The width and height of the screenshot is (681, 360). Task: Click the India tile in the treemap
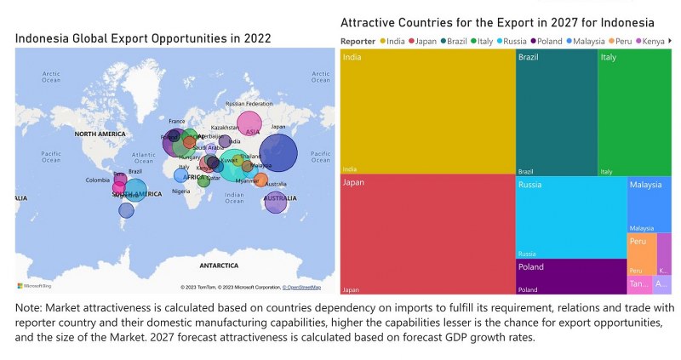pyautogui.click(x=427, y=111)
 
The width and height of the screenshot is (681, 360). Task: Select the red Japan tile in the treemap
pyautogui.click(x=427, y=234)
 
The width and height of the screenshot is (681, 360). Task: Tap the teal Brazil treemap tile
pyautogui.click(x=556, y=111)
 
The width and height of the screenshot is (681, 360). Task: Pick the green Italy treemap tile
pyautogui.click(x=633, y=111)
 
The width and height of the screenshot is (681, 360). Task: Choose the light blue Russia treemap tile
pyautogui.click(x=570, y=217)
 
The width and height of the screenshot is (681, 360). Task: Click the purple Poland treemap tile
pyautogui.click(x=570, y=277)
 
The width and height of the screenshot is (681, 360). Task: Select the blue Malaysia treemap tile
pyautogui.click(x=649, y=204)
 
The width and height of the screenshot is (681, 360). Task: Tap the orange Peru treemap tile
pyautogui.click(x=642, y=254)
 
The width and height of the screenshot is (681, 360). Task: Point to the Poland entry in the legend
pyautogui.click(x=548, y=41)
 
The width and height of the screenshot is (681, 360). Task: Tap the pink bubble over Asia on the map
pyautogui.click(x=249, y=124)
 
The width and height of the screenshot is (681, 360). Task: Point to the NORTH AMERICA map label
pyautogui.click(x=100, y=134)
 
